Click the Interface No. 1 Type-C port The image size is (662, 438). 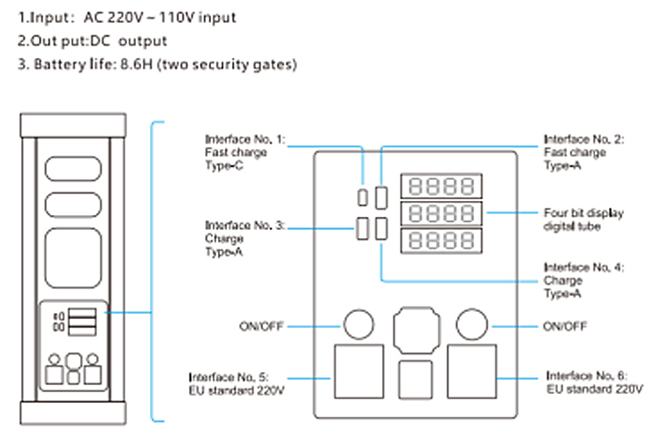pos(363,196)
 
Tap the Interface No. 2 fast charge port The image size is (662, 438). pos(381,197)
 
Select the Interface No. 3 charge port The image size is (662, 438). pos(363,228)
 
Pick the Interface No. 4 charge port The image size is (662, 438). pos(381,228)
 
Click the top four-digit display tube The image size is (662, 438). pos(441,186)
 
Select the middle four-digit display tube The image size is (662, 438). pos(441,214)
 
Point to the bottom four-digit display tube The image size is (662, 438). pos(441,242)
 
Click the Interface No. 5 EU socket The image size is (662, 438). pos(357,373)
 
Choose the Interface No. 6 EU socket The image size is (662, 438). pos(473,373)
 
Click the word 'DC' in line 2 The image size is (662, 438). pos(100,41)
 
